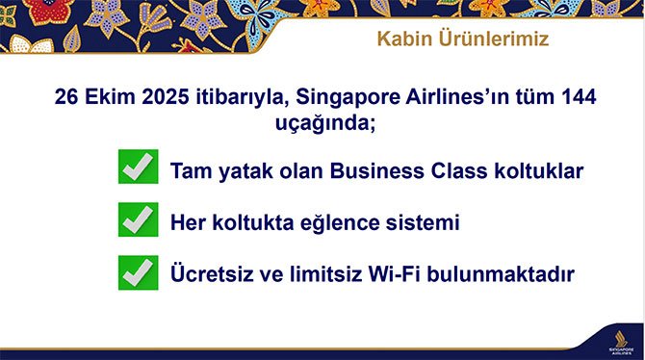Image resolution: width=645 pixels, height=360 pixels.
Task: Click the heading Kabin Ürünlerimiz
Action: point(460,41)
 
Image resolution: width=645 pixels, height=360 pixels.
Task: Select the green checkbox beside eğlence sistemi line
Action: point(139,220)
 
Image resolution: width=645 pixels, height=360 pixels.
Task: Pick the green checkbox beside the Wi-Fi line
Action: point(139,272)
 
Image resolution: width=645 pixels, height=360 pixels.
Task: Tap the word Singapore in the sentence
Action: point(340,97)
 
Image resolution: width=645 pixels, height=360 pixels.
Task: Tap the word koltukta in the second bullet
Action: point(241,223)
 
